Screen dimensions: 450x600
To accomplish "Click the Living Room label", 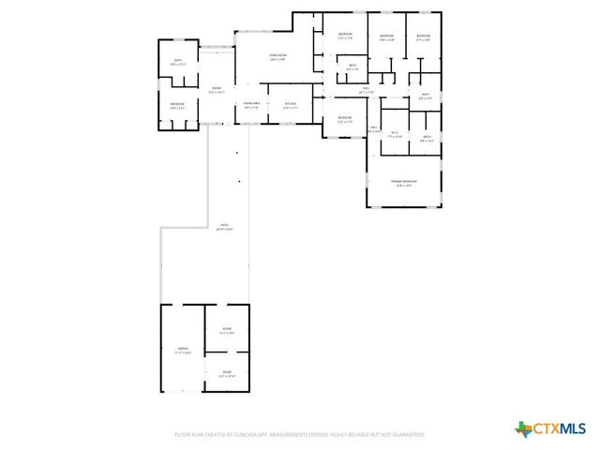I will click(277, 57).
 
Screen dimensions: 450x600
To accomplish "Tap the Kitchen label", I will click(291, 104).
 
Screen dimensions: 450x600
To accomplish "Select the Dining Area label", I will click(251, 104).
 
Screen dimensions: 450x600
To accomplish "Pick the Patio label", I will click(224, 226).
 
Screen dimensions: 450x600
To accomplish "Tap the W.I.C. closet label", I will click(396, 134).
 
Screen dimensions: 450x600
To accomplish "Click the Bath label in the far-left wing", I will click(177, 62).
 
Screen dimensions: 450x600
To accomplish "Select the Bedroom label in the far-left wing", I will click(177, 105).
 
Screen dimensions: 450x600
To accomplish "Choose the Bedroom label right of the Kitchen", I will click(344, 119).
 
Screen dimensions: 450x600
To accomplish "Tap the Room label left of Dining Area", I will click(217, 89).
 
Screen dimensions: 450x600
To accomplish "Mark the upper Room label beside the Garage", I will click(227, 331).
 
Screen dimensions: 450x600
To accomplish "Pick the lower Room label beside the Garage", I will click(227, 373).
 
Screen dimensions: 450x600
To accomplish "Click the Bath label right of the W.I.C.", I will click(426, 138).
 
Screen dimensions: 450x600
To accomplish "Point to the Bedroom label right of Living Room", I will click(344, 37).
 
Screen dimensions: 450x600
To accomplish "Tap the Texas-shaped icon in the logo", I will click(523, 429).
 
